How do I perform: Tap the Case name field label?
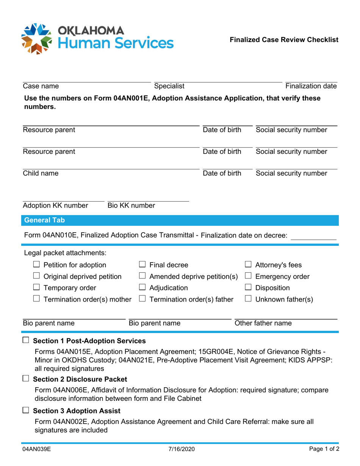(41, 86)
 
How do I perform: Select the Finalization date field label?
(311, 86)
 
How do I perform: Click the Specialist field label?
(169, 86)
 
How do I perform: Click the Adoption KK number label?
(55, 206)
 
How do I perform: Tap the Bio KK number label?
(131, 206)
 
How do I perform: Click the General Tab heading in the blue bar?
(44, 220)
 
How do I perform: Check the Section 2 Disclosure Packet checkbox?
(25, 379)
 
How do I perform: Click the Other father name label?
(263, 324)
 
